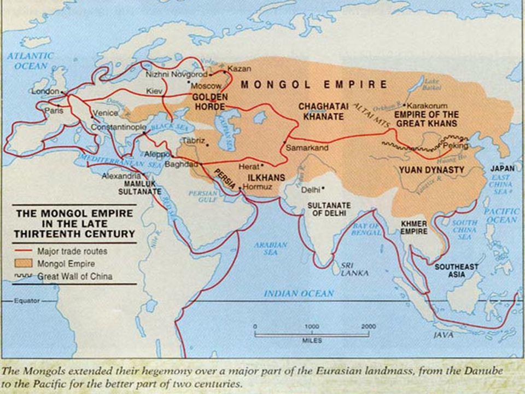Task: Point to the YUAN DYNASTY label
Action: [x=431, y=170]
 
